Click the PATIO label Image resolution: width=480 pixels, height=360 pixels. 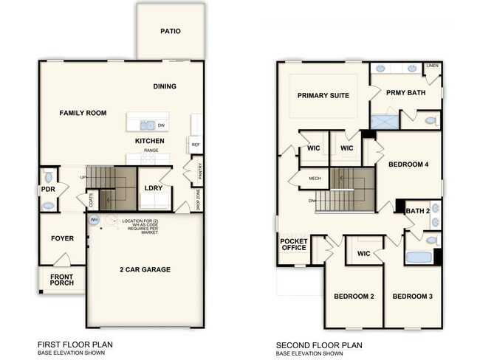coord(171,32)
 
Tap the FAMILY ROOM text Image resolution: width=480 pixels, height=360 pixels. coord(83,113)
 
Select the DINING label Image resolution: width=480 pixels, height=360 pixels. coord(165,86)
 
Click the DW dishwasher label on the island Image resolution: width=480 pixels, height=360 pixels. coord(160,125)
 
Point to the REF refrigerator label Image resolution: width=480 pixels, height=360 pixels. coord(195,145)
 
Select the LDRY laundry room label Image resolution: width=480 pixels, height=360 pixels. coord(154,188)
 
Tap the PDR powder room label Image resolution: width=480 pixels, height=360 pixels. coord(48,190)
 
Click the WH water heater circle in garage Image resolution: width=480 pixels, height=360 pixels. coord(94,220)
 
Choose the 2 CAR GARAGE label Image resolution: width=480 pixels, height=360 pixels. coord(145,270)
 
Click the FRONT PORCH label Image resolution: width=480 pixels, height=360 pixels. coord(63,280)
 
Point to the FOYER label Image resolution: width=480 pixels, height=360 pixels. coord(62,238)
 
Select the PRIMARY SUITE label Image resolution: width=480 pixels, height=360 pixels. coord(323,95)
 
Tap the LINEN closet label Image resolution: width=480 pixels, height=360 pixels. coord(433,66)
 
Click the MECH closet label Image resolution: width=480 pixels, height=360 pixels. coord(315,178)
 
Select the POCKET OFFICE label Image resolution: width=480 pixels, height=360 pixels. coord(293,244)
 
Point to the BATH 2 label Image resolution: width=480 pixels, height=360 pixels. coord(417,211)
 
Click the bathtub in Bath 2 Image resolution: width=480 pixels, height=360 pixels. coord(419,258)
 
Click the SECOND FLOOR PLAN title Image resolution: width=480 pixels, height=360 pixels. coord(314,345)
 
